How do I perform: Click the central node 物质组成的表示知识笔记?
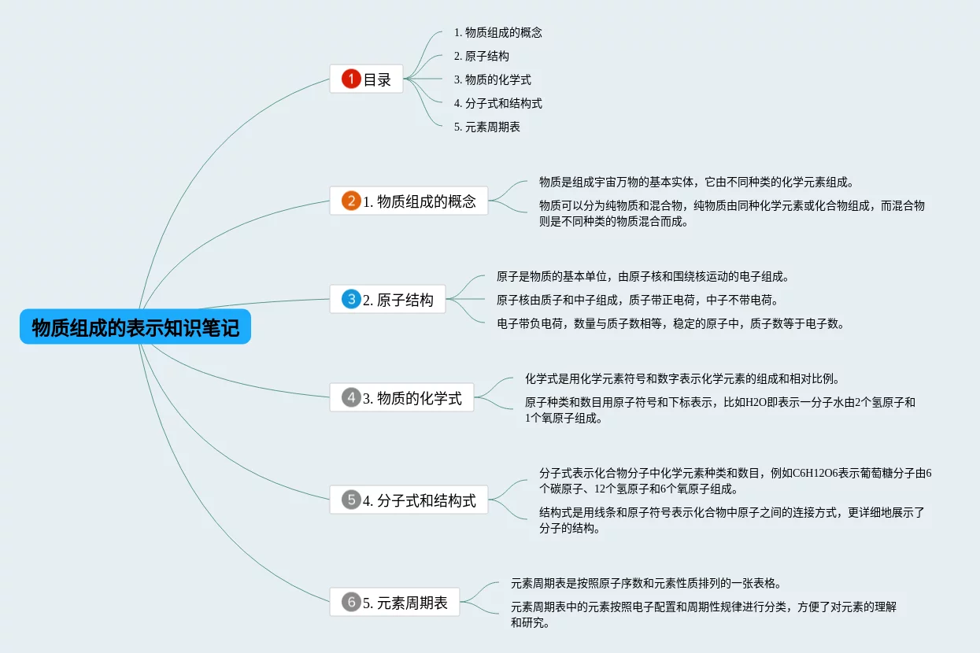pyautogui.click(x=135, y=326)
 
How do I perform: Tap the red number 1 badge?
pyautogui.click(x=351, y=79)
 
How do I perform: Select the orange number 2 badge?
pyautogui.click(x=351, y=201)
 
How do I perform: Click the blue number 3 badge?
pyautogui.click(x=351, y=299)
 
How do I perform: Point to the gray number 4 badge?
pyautogui.click(x=351, y=397)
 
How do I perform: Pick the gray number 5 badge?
pyautogui.click(x=351, y=500)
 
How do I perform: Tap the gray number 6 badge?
pyautogui.click(x=351, y=603)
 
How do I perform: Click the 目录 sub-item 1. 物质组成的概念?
pyautogui.click(x=497, y=33)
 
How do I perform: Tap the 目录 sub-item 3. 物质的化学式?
pyautogui.click(x=492, y=79)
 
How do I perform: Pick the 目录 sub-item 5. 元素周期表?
pyautogui.click(x=486, y=127)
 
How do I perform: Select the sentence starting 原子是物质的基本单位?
pyautogui.click(x=642, y=277)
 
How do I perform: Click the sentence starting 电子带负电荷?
pyautogui.click(x=670, y=323)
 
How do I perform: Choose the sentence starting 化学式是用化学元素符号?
pyautogui.click(x=676, y=379)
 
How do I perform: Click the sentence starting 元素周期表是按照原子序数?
pyautogui.click(x=645, y=584)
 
